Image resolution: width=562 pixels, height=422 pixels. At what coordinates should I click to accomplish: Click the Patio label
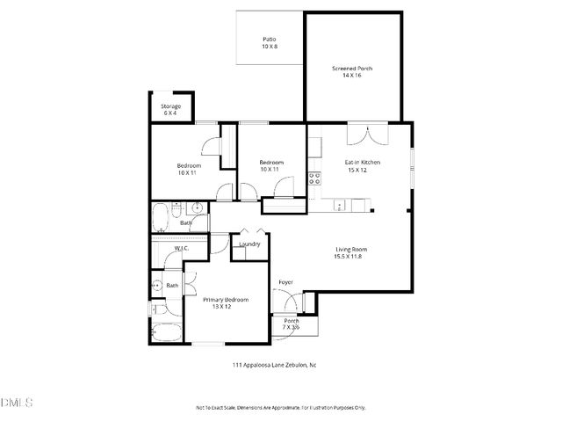point(270,40)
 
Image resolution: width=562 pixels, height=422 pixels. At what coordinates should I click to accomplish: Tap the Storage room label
point(170,106)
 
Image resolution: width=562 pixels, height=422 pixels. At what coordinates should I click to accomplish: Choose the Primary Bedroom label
point(226,300)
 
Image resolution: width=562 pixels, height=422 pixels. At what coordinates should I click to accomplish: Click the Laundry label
point(249,244)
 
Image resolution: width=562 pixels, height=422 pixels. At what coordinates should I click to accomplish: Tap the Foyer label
point(285,282)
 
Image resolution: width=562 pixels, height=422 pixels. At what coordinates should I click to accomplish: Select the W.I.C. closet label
point(181,249)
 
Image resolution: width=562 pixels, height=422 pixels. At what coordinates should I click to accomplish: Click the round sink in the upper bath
point(197,208)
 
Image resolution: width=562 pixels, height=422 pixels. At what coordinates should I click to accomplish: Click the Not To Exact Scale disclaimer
point(280,408)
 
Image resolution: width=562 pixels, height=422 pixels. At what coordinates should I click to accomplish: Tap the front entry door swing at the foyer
point(283,301)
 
